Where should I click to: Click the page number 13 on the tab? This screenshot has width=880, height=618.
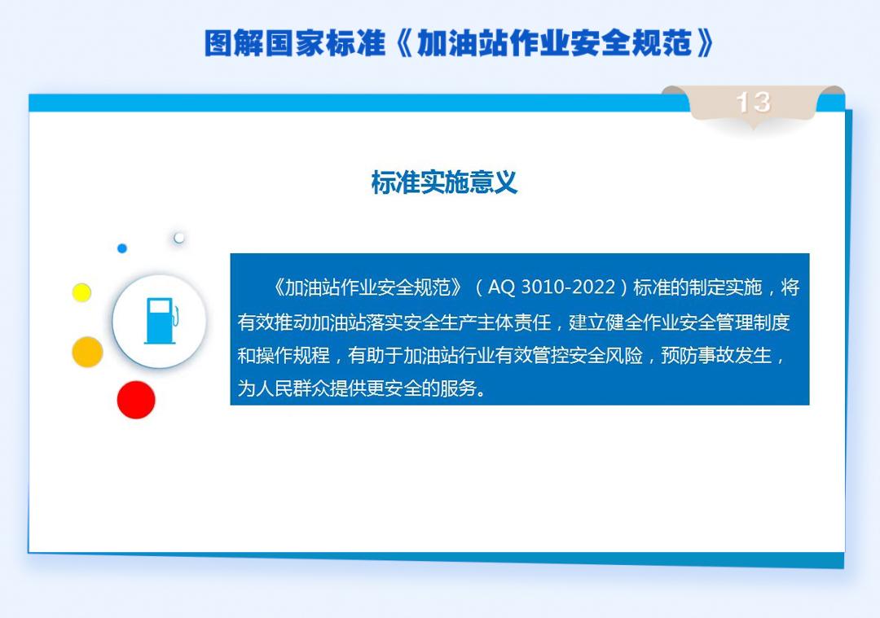click(x=753, y=102)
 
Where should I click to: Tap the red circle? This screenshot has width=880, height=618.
click(x=136, y=400)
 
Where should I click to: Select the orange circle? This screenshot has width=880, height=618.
click(x=87, y=352)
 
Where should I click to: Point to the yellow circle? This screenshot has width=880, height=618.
click(x=81, y=292)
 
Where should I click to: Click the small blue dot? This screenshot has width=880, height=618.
click(x=122, y=248)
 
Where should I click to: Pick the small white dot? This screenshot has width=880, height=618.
click(x=179, y=238)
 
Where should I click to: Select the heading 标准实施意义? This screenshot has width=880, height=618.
click(x=444, y=182)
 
